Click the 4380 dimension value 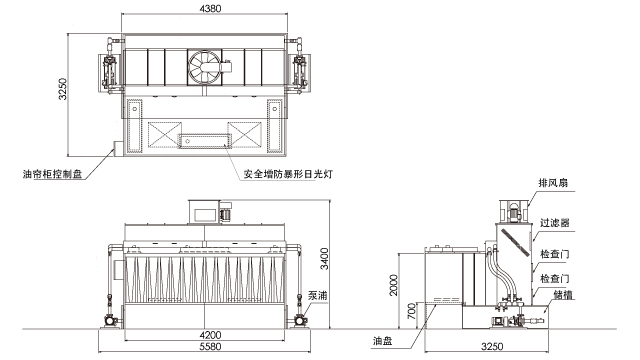210,8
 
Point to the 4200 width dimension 209,334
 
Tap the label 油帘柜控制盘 57,173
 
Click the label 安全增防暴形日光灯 287,173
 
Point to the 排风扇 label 555,183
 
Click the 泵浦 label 318,296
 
